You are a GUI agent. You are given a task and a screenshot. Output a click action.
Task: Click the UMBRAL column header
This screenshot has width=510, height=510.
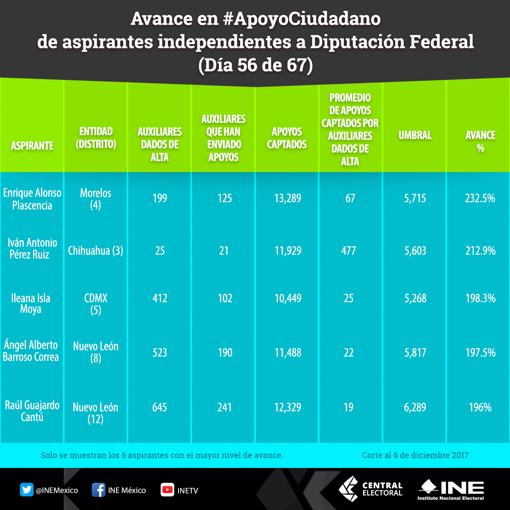tap(415, 135)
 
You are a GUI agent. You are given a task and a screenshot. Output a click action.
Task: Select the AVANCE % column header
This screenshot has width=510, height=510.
tap(480, 142)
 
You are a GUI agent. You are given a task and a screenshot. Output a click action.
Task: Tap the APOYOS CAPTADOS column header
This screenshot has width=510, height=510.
tap(287, 138)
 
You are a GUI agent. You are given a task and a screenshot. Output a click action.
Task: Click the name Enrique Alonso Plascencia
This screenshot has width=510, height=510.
tap(32, 199)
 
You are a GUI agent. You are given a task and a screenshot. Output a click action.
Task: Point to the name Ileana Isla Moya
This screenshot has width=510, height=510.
tap(31, 303)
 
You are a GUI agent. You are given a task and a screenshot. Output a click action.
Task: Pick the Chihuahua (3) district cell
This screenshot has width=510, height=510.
tap(96, 251)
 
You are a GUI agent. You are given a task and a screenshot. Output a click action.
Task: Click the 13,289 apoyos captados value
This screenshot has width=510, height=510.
tap(288, 198)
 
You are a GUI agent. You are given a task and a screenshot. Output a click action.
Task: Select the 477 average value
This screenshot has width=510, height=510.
tap(348, 251)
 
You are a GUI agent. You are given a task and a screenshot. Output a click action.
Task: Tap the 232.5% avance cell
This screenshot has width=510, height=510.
tap(480, 198)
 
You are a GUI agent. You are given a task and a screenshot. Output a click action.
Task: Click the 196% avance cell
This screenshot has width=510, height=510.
tap(480, 408)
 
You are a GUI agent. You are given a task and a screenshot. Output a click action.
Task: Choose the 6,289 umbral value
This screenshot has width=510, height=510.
tap(415, 408)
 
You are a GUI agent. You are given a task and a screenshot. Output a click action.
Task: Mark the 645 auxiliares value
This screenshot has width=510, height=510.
tap(160, 408)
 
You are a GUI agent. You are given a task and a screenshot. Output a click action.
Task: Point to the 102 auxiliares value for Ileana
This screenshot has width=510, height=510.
tap(224, 298)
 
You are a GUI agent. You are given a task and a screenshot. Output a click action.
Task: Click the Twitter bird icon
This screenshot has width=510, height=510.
tap(27, 490)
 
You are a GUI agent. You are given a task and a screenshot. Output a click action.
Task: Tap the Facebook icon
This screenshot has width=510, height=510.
tap(99, 490)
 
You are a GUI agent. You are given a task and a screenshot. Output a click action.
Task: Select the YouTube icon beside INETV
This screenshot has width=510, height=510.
tap(167, 490)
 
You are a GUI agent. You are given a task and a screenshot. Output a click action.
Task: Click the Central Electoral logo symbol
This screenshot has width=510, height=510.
tap(348, 489)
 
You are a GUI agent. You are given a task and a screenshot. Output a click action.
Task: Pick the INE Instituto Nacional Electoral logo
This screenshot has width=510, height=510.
tap(451, 490)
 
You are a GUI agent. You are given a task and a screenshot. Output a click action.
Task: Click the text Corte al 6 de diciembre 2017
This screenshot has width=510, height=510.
tap(415, 455)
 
